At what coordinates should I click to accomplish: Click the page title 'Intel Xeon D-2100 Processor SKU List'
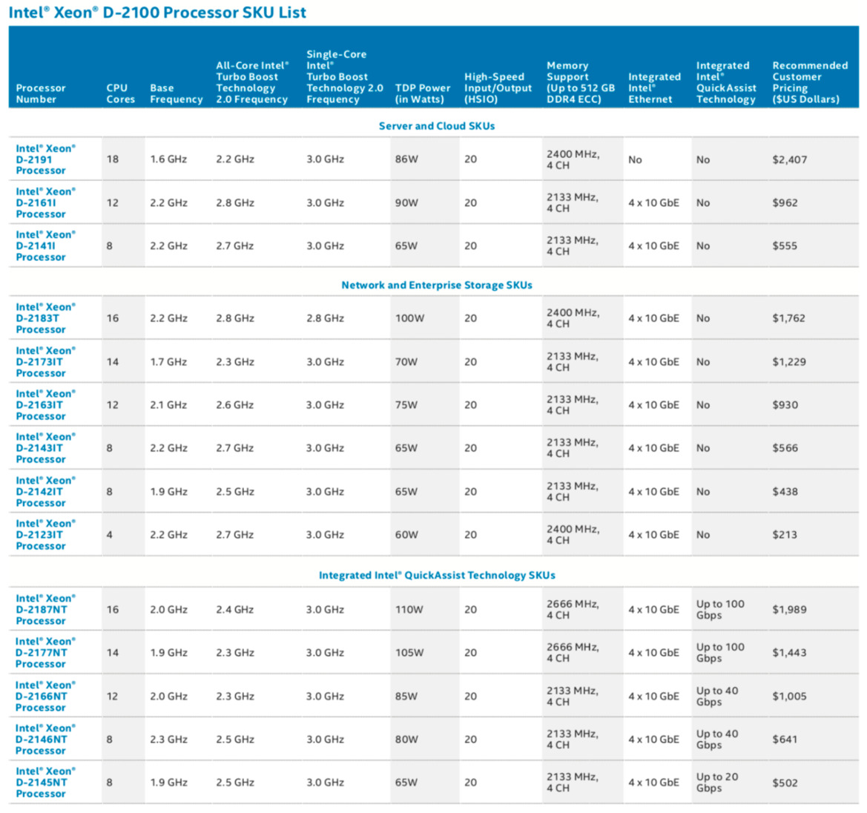click(157, 13)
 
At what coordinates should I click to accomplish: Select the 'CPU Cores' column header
click(120, 93)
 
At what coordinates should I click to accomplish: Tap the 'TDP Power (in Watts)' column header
click(422, 93)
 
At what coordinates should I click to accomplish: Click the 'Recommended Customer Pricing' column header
click(809, 82)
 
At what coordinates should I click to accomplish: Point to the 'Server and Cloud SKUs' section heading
click(436, 126)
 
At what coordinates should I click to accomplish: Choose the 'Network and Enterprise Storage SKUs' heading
click(436, 285)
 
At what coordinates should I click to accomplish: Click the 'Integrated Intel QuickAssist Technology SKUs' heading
click(436, 575)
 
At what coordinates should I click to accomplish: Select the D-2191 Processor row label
click(45, 159)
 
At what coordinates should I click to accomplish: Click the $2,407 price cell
click(789, 159)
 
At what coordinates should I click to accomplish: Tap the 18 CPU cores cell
click(113, 159)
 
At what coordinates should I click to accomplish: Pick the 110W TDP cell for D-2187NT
click(409, 610)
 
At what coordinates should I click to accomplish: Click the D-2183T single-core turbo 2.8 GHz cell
click(325, 318)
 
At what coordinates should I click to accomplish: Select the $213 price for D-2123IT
click(785, 535)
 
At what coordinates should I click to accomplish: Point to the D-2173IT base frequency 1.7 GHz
click(168, 362)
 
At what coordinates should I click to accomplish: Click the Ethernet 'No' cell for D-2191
click(635, 159)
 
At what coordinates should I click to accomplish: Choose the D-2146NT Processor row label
click(45, 740)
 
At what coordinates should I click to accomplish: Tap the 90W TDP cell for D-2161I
click(406, 203)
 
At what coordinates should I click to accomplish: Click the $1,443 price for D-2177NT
click(789, 653)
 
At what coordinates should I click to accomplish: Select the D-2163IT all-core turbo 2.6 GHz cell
click(234, 405)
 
